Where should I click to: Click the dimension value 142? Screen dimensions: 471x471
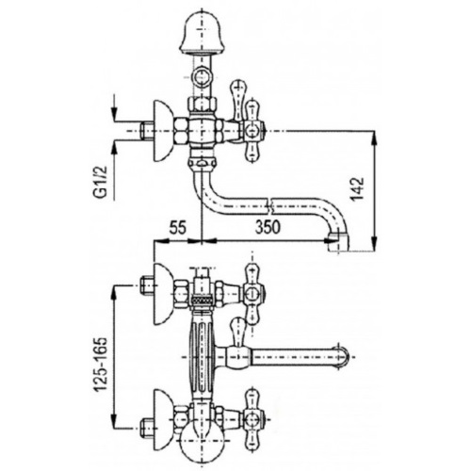[x=357, y=188]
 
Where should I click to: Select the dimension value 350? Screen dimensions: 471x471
[x=268, y=227]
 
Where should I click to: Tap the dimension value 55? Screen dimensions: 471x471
[x=178, y=227]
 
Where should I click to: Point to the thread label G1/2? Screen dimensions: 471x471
[x=101, y=182]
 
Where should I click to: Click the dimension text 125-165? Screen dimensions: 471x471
[x=101, y=365]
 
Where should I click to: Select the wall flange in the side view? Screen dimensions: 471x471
[x=164, y=130]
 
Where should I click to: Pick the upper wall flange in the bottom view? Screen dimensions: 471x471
[x=164, y=294]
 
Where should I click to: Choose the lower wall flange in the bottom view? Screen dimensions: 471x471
[x=164, y=419]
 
